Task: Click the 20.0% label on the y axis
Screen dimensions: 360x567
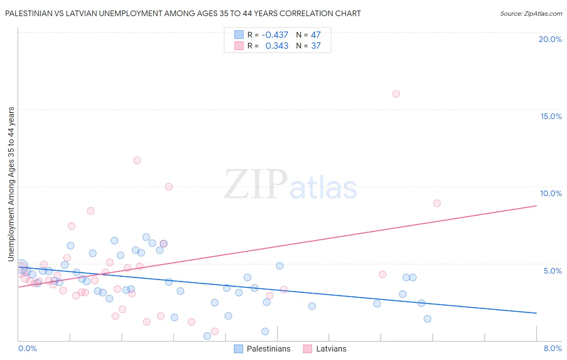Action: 550,39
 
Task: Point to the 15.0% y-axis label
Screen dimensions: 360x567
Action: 551,116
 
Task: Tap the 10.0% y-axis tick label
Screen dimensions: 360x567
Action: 551,193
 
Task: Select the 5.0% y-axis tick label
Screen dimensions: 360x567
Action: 552,271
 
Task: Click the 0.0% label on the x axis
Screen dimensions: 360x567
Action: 27,348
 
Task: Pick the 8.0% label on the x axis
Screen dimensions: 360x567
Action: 552,348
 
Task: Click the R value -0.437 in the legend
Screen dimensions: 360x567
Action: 275,35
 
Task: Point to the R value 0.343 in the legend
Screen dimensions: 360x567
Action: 277,46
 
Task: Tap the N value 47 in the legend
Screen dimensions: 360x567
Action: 316,35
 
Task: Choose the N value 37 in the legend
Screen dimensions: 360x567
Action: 316,46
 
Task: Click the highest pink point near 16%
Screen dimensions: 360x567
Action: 396,94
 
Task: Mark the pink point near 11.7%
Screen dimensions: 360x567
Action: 137,160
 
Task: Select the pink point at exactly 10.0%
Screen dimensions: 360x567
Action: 169,186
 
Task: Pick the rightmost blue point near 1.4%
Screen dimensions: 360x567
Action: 427,319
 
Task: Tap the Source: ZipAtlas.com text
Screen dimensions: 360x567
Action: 531,13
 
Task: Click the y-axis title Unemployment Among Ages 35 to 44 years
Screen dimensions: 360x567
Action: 11,184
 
